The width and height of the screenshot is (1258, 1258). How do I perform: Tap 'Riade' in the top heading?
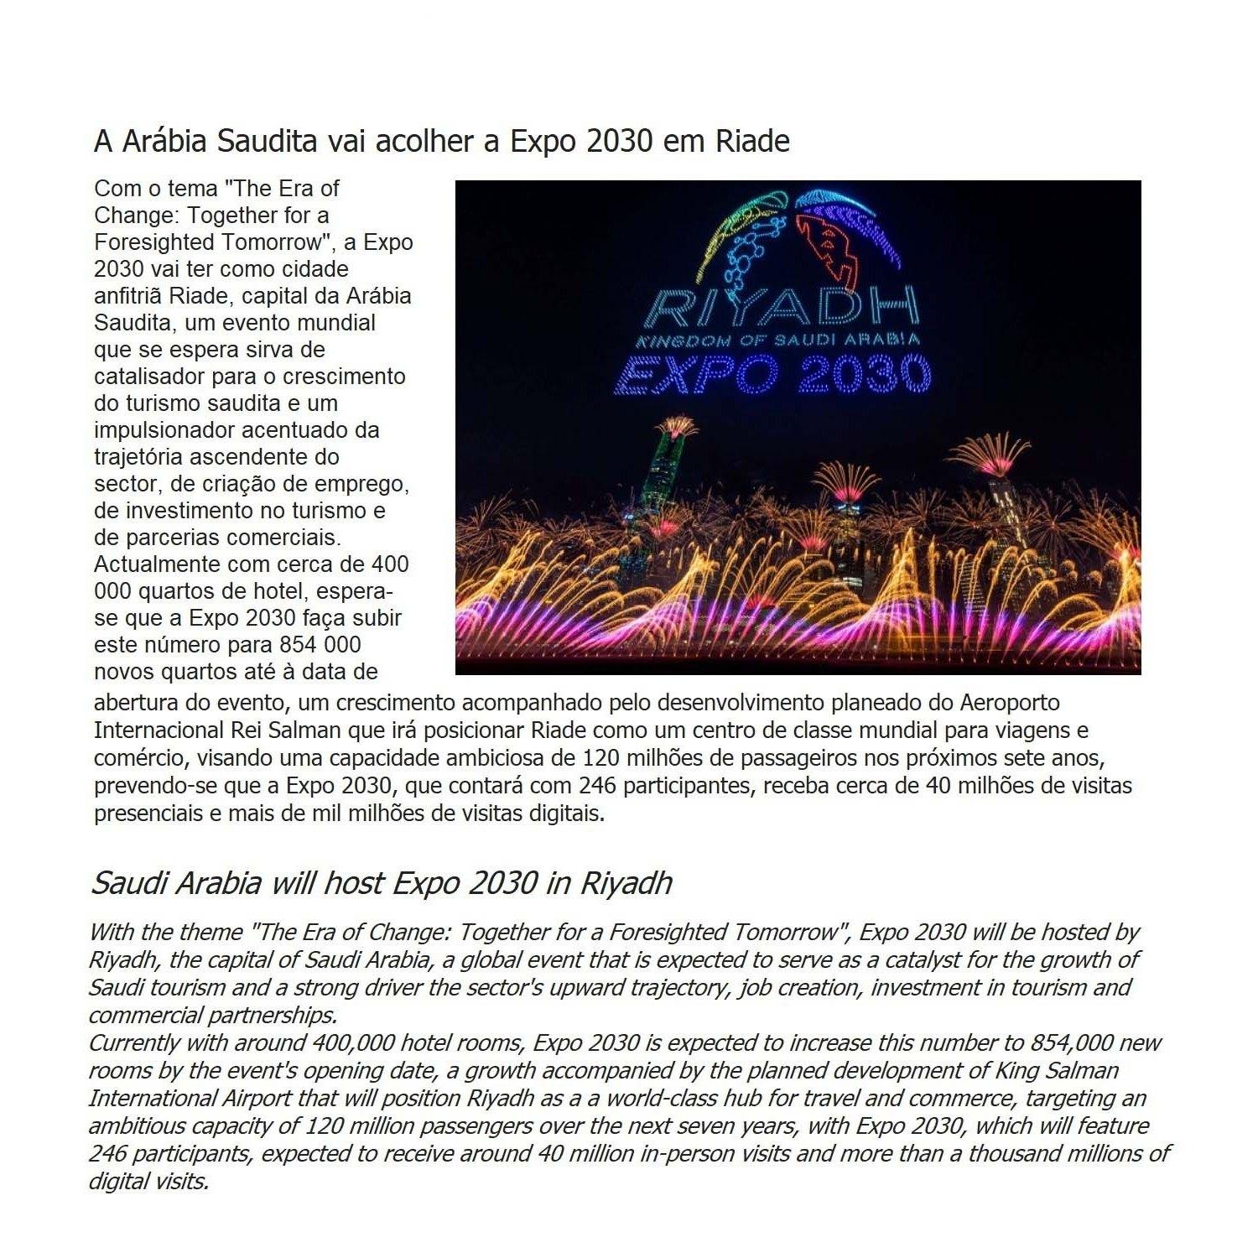[752, 141]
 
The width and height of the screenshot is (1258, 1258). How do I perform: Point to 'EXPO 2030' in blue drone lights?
[772, 374]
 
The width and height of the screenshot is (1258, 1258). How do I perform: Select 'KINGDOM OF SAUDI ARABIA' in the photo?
[777, 340]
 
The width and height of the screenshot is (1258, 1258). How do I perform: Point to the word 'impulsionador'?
[164, 430]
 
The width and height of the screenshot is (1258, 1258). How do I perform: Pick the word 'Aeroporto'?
[1010, 702]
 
